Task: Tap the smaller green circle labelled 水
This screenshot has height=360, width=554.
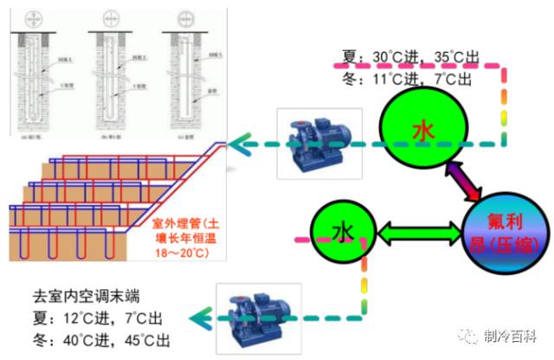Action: pos(344,231)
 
